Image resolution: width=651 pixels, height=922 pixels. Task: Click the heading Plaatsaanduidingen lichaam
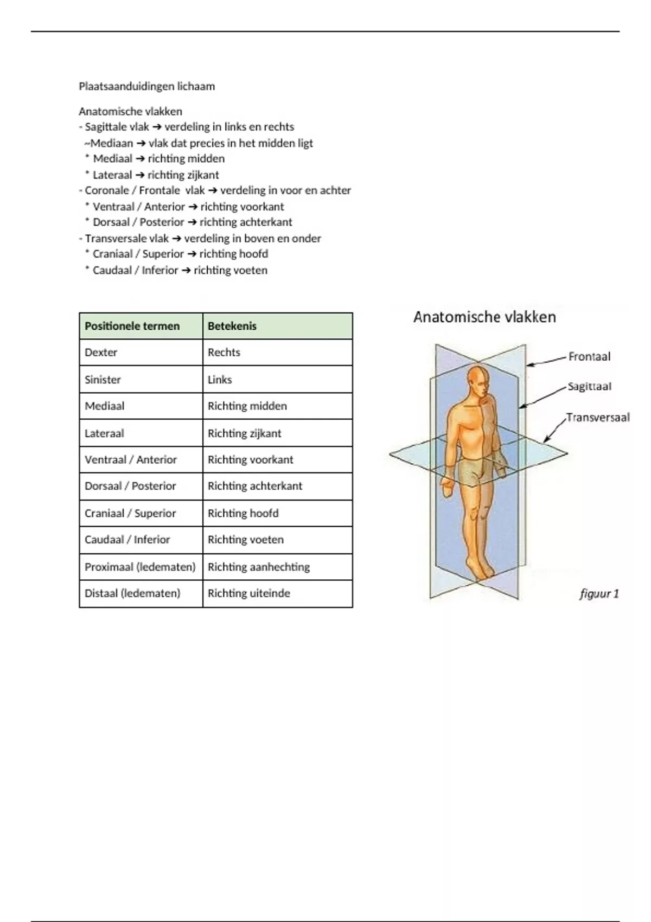click(x=146, y=86)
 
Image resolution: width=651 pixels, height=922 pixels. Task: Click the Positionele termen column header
click(x=132, y=326)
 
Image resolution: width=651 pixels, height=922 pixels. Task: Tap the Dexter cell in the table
click(x=101, y=353)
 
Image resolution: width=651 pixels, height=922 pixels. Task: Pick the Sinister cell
click(x=103, y=380)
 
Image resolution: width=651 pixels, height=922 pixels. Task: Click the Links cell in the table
click(x=220, y=380)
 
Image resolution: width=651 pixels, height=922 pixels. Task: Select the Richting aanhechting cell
click(x=259, y=567)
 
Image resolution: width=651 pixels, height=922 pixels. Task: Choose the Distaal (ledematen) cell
click(x=132, y=593)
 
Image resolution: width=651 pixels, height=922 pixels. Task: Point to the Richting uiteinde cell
click(x=249, y=593)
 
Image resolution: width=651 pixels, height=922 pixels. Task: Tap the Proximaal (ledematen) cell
click(x=140, y=567)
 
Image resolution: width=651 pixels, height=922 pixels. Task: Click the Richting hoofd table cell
click(x=243, y=513)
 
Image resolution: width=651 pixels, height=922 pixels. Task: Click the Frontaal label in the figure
click(x=589, y=356)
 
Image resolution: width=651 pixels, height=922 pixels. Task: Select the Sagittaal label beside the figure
click(x=589, y=387)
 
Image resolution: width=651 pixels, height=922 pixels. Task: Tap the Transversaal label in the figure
click(x=598, y=418)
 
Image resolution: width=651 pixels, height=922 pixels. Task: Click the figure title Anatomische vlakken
click(x=484, y=317)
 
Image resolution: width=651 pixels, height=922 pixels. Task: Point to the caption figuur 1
click(x=599, y=594)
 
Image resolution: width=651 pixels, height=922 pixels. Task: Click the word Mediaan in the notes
click(x=111, y=143)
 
